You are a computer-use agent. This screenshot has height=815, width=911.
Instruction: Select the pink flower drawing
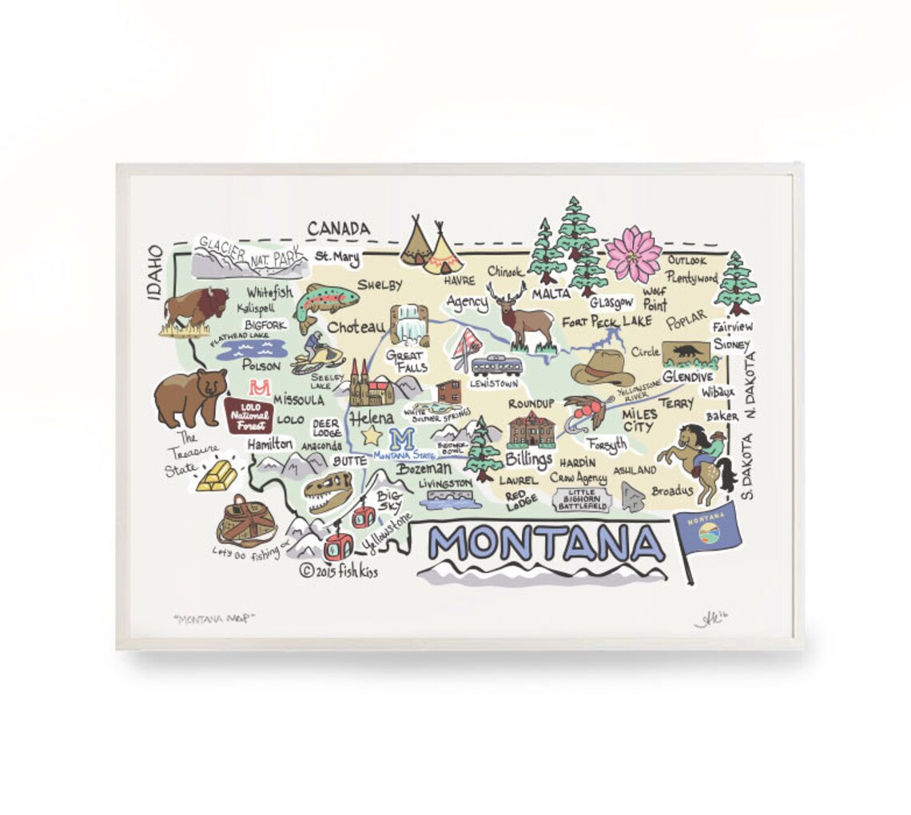[633, 254]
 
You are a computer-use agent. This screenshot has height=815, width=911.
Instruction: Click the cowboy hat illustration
[601, 368]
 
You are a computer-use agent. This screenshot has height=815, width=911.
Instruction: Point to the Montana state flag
[707, 531]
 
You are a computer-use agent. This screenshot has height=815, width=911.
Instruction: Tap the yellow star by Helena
[371, 435]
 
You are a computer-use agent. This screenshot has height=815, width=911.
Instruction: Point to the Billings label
[529, 459]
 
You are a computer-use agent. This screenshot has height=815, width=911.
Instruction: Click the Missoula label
[299, 400]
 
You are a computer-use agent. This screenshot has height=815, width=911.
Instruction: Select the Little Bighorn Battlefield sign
[583, 499]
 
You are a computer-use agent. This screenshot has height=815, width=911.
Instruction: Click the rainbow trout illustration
[325, 304]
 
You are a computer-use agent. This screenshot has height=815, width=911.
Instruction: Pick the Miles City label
[639, 419]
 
